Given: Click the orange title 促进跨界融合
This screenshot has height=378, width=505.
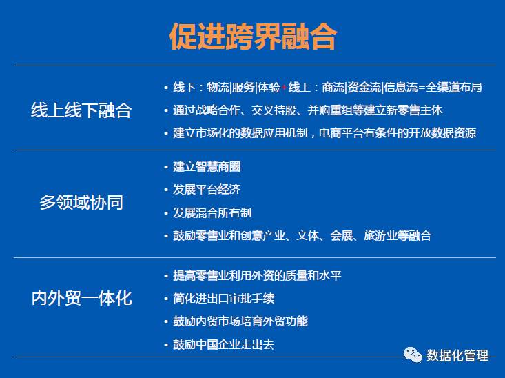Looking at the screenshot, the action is pos(253,36).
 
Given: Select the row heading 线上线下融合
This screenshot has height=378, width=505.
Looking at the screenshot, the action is pos(81,110).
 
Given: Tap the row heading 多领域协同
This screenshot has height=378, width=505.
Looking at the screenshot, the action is pos(81,202).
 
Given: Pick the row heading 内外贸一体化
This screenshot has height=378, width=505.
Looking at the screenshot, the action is pos(81,298).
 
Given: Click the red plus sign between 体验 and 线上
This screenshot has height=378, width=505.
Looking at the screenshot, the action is pos(284,88).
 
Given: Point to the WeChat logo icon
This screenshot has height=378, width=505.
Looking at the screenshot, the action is pos(413,355).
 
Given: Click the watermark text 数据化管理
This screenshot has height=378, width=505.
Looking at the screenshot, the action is pos(457,355).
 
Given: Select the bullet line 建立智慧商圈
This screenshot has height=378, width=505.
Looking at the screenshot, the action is pos(207,167).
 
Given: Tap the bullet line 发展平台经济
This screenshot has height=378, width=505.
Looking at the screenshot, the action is pos(207,189).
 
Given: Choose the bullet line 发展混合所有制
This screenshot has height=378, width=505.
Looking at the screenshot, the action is pos(212,212).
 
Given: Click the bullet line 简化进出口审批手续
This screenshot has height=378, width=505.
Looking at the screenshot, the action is pos(223,299).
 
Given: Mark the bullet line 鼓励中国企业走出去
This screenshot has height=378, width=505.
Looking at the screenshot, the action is pos(223,344).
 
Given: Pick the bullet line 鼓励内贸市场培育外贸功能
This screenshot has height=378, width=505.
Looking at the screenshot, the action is pos(240,321).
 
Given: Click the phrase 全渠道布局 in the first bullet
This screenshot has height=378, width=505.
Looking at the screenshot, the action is pos(454,87).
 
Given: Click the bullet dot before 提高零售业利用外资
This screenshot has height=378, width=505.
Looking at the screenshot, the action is pos(166,276).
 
